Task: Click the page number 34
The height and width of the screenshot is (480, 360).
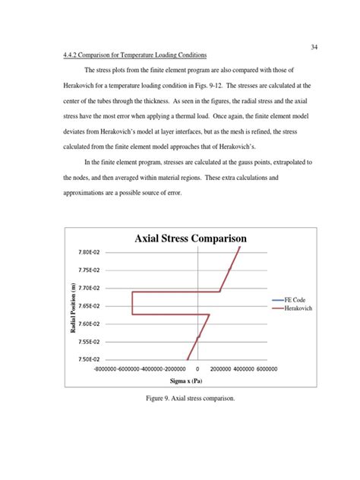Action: pos(314,47)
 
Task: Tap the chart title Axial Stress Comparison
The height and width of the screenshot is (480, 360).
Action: pos(191,238)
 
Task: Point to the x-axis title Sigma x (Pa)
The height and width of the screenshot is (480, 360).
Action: pos(186,384)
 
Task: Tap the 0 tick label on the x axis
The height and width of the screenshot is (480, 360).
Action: pos(197,370)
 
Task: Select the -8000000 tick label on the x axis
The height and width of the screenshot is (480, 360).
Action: pos(109,370)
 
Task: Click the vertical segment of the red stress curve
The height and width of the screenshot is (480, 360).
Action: pos(133,302)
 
